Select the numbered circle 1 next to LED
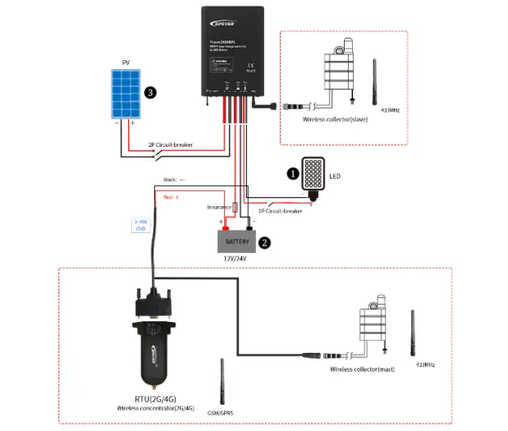tap(291, 173)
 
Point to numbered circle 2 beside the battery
tap(264, 242)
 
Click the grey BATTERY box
tap(236, 242)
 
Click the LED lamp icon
tap(313, 177)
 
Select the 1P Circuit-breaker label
tap(280, 211)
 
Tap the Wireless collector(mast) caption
tap(362, 369)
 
